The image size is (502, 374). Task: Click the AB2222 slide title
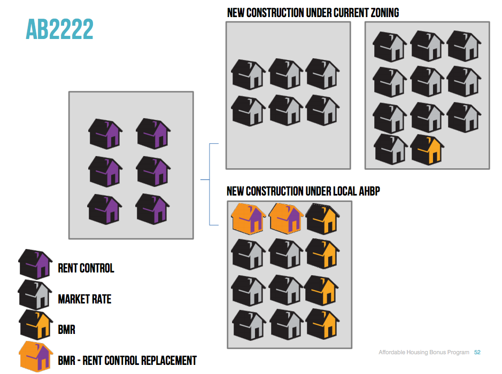click(59, 29)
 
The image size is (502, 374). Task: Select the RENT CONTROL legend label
click(86, 268)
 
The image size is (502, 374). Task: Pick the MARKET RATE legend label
click(84, 299)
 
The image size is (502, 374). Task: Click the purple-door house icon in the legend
click(35, 263)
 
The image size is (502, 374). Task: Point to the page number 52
click(477, 353)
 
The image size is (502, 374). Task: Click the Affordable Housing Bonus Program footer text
click(424, 353)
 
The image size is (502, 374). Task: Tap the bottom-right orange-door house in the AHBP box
click(321, 324)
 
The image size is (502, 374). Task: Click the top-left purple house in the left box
click(105, 133)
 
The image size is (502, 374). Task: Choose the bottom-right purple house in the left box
click(153, 208)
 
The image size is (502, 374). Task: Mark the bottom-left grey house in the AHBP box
click(249, 324)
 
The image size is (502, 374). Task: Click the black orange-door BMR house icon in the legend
click(35, 324)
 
